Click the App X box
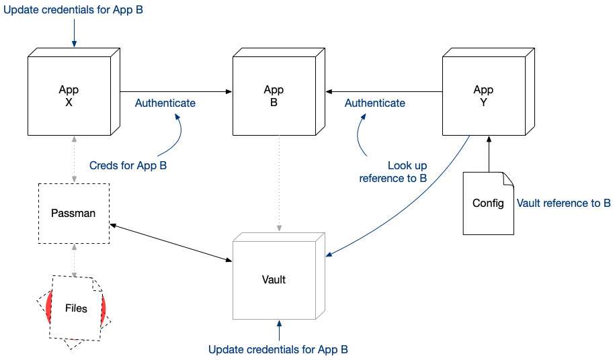(x=69, y=96)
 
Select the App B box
(x=274, y=96)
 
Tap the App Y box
(x=483, y=96)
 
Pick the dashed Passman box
(x=73, y=214)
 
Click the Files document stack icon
(x=76, y=309)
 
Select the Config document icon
(x=488, y=203)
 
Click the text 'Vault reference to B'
(x=563, y=203)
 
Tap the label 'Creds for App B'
(x=128, y=165)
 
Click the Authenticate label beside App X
(x=165, y=103)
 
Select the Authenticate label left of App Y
(x=375, y=103)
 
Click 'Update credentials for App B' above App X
(x=73, y=11)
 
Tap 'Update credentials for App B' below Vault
(x=278, y=350)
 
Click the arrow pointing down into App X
(x=73, y=34)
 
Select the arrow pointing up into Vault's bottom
(x=278, y=331)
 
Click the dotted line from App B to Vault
(x=278, y=181)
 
